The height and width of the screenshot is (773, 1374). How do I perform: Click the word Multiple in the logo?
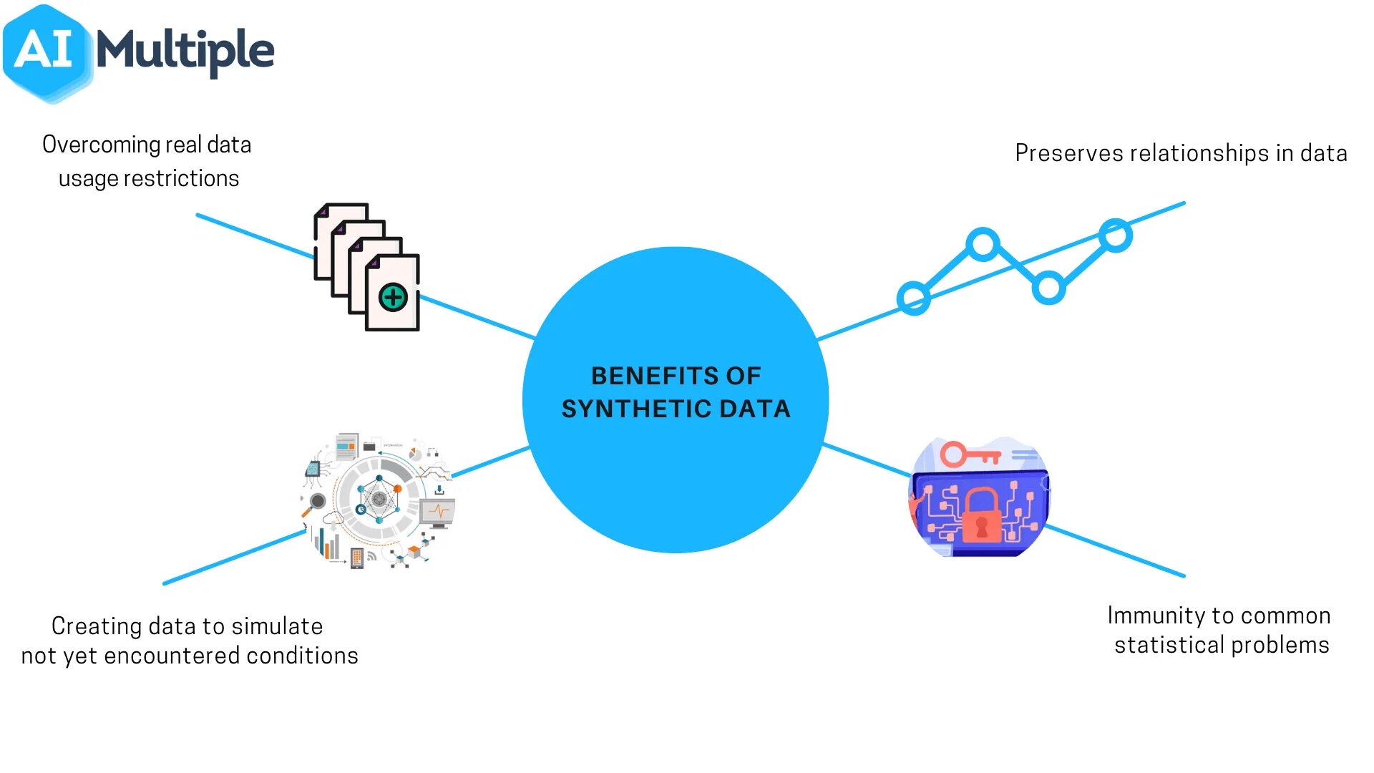[185, 52]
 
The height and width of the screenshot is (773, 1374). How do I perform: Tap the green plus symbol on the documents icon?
[393, 297]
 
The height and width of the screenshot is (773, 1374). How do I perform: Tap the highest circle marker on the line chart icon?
[1115, 235]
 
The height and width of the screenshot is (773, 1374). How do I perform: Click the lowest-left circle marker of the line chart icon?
[914, 298]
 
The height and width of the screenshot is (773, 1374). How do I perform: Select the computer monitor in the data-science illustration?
[438, 512]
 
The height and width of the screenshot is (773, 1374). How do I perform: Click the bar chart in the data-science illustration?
[328, 545]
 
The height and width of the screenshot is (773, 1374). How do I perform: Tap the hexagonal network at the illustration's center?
[379, 498]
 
